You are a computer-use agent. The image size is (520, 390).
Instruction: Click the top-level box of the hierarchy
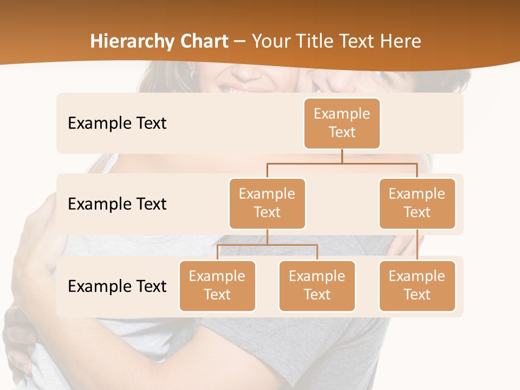point(342,123)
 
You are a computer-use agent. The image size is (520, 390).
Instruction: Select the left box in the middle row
point(267,203)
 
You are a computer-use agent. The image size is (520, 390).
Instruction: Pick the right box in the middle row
point(417,203)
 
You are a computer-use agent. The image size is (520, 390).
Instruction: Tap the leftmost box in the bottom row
point(217,285)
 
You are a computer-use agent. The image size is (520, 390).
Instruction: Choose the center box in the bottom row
point(317,285)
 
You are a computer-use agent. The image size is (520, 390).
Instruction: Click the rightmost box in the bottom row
point(417,285)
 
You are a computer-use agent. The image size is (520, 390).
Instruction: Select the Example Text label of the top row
point(117,123)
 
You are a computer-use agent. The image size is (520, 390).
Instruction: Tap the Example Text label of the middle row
point(117,204)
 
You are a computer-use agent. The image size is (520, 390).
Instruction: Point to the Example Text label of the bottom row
point(117,286)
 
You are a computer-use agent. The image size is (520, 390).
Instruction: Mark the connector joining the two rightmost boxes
point(417,245)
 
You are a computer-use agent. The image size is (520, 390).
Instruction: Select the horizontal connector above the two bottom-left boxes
point(267,245)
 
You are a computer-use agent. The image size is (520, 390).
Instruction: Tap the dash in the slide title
point(240,42)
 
